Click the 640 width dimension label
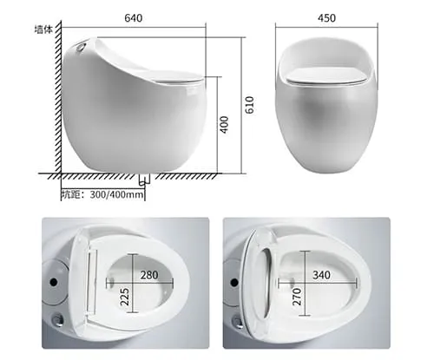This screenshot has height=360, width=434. tap(134, 18)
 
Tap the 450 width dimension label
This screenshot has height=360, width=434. tap(326, 18)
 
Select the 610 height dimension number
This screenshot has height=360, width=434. tap(249, 105)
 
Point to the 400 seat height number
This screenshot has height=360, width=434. tap(224, 125)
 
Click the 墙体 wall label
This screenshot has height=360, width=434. tap(43, 29)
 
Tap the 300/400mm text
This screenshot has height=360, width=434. tap(116, 194)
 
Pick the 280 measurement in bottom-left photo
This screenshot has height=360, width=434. tap(149, 275)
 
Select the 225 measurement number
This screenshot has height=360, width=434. tap(125, 297)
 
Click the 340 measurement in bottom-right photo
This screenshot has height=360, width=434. tap(321, 275)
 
